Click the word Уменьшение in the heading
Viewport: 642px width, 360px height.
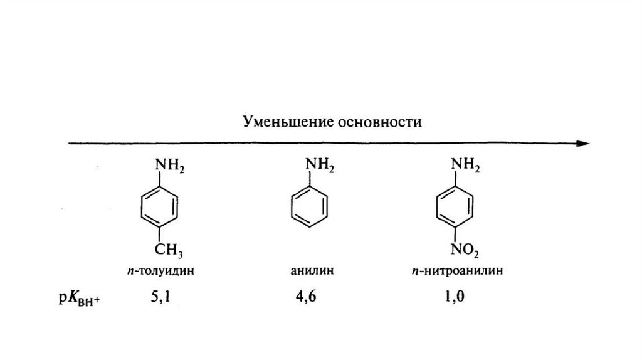tap(280, 120)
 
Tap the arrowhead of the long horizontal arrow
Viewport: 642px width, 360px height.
tap(584, 143)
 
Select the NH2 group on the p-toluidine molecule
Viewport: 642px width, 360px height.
tap(169, 166)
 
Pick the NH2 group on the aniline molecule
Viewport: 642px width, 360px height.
tap(320, 166)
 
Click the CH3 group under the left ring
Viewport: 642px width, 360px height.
tap(169, 253)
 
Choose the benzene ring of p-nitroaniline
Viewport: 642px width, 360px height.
tap(456, 209)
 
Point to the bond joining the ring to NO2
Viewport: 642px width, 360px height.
tap(456, 237)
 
